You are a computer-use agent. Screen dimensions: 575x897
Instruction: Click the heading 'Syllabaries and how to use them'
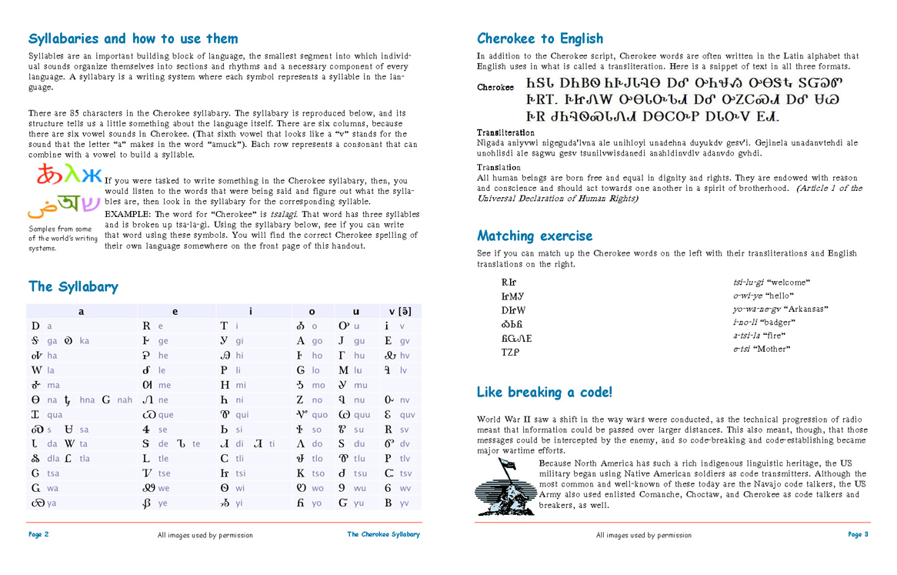(133, 38)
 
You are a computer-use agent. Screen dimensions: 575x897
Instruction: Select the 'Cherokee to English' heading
(540, 38)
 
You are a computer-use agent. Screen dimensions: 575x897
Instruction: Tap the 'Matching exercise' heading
(535, 236)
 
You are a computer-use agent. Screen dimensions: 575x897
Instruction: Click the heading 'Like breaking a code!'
(545, 393)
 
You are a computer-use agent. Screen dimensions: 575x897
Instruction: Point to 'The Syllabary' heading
(73, 286)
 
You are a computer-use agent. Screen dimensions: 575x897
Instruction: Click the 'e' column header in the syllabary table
(175, 311)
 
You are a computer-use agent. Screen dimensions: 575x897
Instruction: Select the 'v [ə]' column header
(399, 311)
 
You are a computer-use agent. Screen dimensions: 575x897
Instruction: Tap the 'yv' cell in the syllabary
(398, 503)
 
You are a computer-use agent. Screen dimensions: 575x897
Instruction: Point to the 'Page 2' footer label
(38, 534)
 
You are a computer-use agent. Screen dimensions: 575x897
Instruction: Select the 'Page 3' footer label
(858, 534)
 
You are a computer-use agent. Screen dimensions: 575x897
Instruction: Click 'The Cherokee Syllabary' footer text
(383, 534)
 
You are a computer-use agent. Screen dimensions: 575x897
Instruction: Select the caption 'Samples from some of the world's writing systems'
(62, 239)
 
